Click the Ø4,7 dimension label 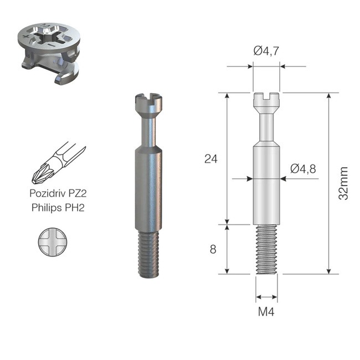pyautogui.click(x=266, y=51)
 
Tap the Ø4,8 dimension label pyautogui.click(x=302, y=169)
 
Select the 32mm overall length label pyautogui.click(x=344, y=183)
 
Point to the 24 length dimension pyautogui.click(x=210, y=159)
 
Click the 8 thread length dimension pyautogui.click(x=213, y=249)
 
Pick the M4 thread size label pyautogui.click(x=266, y=311)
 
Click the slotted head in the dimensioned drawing pyautogui.click(x=266, y=100)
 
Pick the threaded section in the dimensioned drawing pyautogui.click(x=266, y=250)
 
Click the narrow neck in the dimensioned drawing pyautogui.click(x=266, y=125)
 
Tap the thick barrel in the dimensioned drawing pyautogui.click(x=266, y=183)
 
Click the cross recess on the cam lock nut pyautogui.click(x=52, y=39)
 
